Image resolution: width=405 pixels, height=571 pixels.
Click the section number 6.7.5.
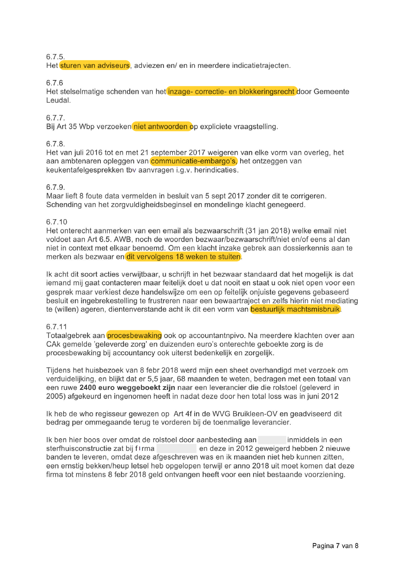(x=55, y=57)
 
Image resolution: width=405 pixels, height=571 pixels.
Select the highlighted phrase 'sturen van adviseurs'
(x=95, y=65)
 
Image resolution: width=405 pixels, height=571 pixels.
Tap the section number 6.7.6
(x=55, y=83)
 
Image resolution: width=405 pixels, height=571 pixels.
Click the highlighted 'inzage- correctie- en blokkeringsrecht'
(x=231, y=91)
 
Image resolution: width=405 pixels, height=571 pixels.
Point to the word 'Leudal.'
(x=58, y=100)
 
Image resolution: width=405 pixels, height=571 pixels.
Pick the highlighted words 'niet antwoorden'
(x=161, y=126)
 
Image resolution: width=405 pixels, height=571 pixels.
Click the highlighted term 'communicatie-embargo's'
(x=193, y=161)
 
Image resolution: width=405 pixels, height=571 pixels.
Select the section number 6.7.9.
(x=55, y=187)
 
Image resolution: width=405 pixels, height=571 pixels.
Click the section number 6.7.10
(x=57, y=222)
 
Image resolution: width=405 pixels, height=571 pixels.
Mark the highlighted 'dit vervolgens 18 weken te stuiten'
(x=183, y=257)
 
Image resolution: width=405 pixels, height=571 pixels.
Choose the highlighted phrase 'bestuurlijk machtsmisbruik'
(x=295, y=309)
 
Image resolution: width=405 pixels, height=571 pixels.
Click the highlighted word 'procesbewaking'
(x=134, y=335)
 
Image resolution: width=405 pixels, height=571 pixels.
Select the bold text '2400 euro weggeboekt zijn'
(x=127, y=388)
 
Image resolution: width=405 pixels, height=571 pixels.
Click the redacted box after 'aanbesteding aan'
(x=272, y=440)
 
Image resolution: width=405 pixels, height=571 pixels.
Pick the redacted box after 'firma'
(x=176, y=449)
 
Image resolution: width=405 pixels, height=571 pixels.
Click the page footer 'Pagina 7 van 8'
(x=335, y=545)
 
